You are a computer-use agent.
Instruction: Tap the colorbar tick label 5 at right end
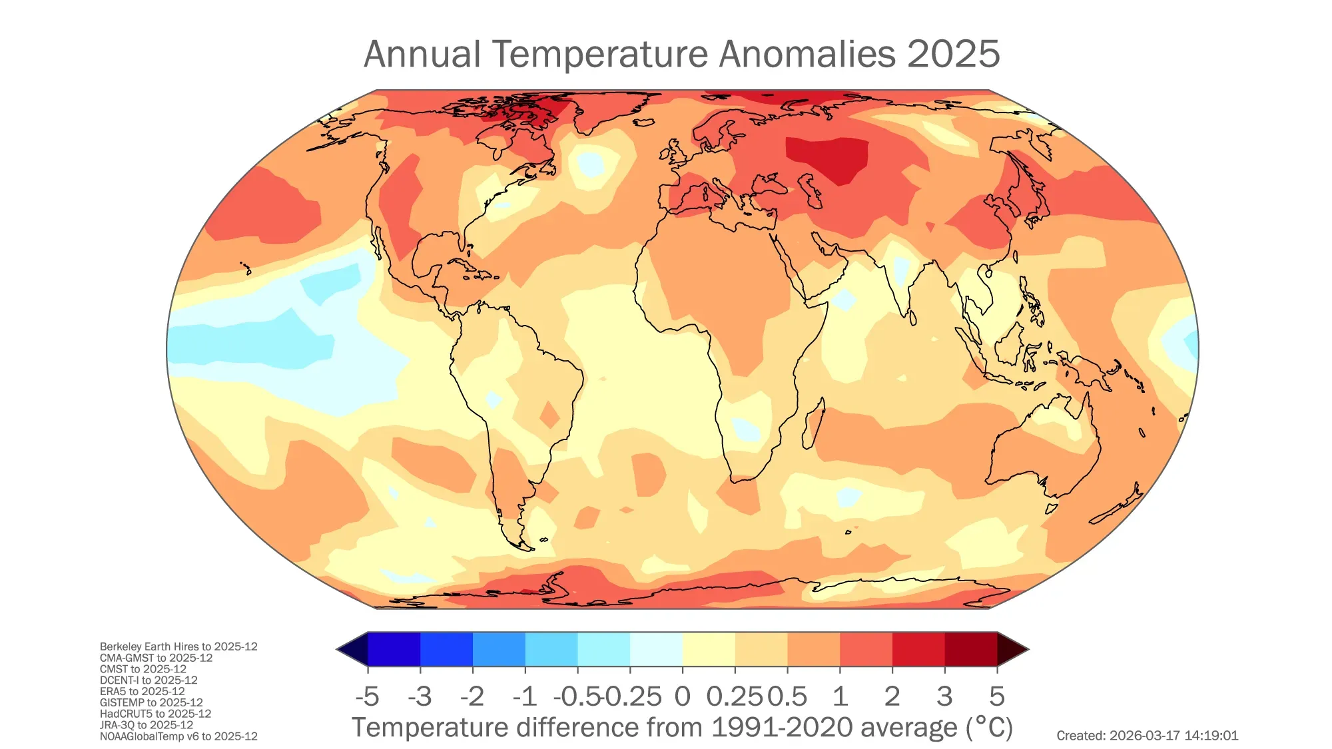click(996, 696)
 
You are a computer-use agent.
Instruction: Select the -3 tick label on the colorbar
click(420, 696)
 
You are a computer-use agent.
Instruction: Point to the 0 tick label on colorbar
click(682, 696)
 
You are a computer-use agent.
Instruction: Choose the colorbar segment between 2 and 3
click(918, 649)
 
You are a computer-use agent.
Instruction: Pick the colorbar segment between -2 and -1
click(499, 649)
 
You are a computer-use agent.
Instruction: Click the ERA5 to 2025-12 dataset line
click(143, 691)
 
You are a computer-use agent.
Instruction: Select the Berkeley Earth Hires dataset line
click(178, 646)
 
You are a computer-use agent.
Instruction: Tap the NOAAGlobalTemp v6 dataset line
click(178, 736)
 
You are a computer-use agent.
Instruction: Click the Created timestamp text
click(1147, 736)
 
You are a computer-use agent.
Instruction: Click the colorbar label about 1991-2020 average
click(682, 728)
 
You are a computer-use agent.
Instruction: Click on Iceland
click(644, 123)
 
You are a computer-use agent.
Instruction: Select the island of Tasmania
click(1051, 509)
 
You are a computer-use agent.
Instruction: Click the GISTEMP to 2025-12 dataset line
click(151, 702)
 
